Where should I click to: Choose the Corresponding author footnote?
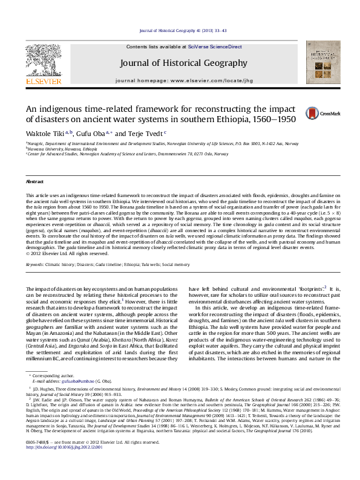(x=48, y=377)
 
